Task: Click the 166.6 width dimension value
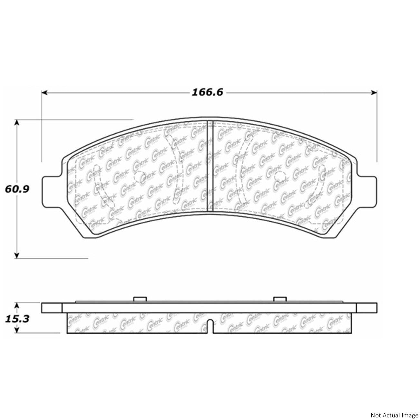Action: (207, 93)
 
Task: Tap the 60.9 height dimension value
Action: (17, 189)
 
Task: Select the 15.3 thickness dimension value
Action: (17, 310)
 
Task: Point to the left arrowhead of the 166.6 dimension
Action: (44, 93)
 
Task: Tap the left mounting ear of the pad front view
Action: (51, 192)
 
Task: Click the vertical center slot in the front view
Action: (210, 166)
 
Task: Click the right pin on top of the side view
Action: (280, 299)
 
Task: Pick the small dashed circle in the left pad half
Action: (139, 177)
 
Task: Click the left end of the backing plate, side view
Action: (52, 308)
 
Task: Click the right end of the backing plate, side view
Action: (367, 308)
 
